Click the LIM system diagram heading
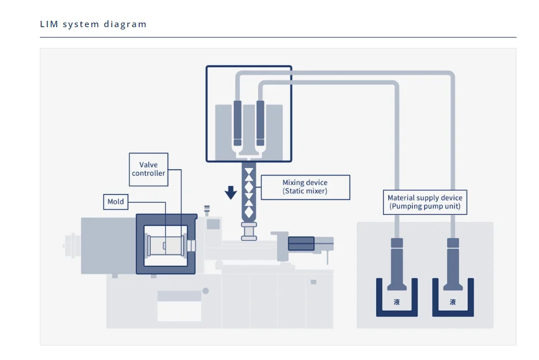[x=93, y=24]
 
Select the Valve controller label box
[x=148, y=169]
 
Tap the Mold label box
[x=116, y=202]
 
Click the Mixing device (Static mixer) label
[x=305, y=187]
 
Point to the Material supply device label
[x=425, y=202]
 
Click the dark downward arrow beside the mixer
[x=231, y=192]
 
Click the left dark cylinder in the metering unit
[x=237, y=123]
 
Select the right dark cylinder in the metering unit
[x=260, y=123]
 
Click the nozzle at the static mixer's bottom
[x=249, y=231]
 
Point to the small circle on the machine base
[x=206, y=291]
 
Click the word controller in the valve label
[x=148, y=173]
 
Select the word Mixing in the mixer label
[x=293, y=183]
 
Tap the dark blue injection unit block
[x=301, y=243]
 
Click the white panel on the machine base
[x=179, y=311]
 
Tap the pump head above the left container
[x=397, y=243]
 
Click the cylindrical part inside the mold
[x=166, y=245]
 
